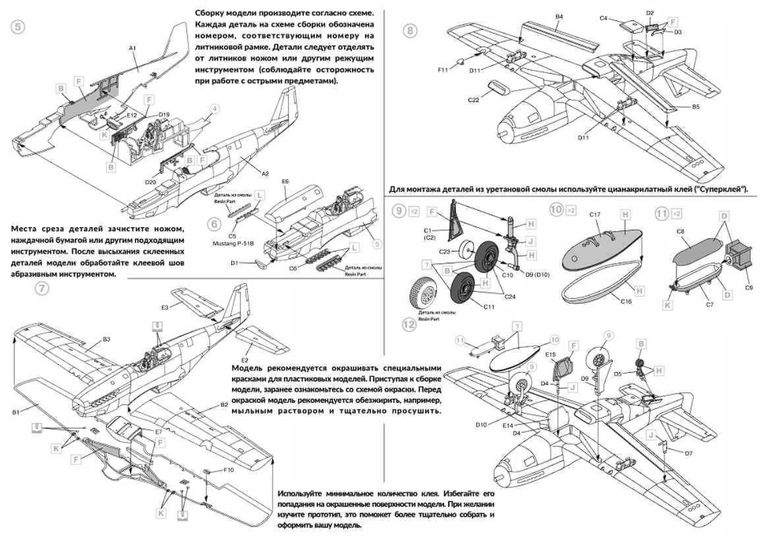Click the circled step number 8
tap(411, 30)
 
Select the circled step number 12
tap(411, 324)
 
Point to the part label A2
tap(266, 173)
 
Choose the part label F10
tap(229, 470)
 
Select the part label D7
tap(689, 454)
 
